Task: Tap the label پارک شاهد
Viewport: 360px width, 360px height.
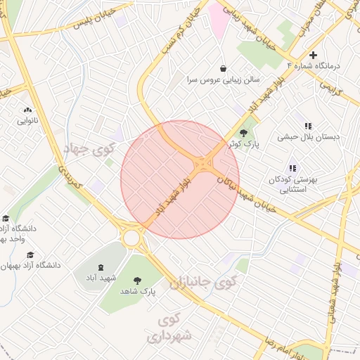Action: click(x=137, y=290)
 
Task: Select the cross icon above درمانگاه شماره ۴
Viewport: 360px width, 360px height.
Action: click(x=314, y=55)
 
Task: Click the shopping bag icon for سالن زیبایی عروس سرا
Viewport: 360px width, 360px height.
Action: click(x=223, y=69)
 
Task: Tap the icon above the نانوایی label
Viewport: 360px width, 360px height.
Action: click(x=28, y=110)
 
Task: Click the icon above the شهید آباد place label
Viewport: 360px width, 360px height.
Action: click(x=99, y=267)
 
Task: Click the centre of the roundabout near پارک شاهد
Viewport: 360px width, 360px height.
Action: click(x=131, y=237)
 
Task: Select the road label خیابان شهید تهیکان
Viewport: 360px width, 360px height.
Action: click(x=250, y=190)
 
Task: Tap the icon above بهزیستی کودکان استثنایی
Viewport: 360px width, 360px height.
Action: click(x=292, y=168)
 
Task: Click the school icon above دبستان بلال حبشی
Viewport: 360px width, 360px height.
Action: click(x=307, y=127)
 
